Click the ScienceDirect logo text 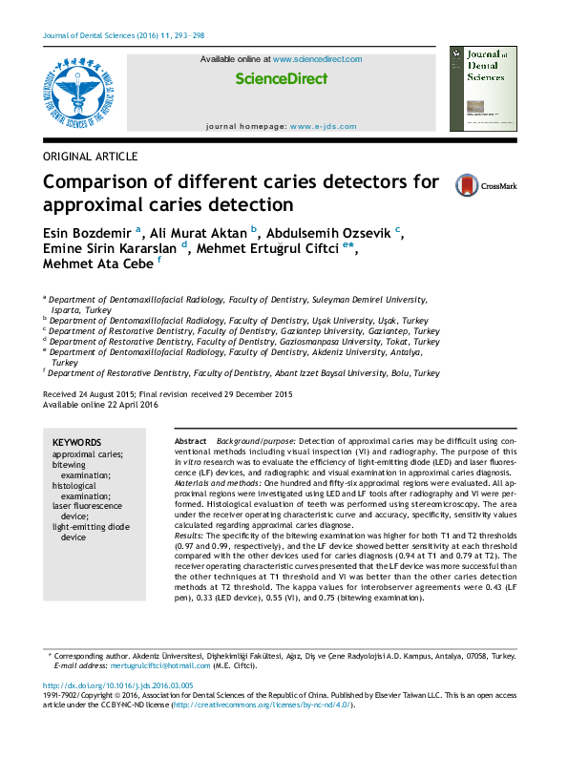click(281, 79)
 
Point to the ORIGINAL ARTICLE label click(91, 157)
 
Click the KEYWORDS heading click(76, 443)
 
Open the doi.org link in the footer click(118, 686)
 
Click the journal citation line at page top click(124, 35)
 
